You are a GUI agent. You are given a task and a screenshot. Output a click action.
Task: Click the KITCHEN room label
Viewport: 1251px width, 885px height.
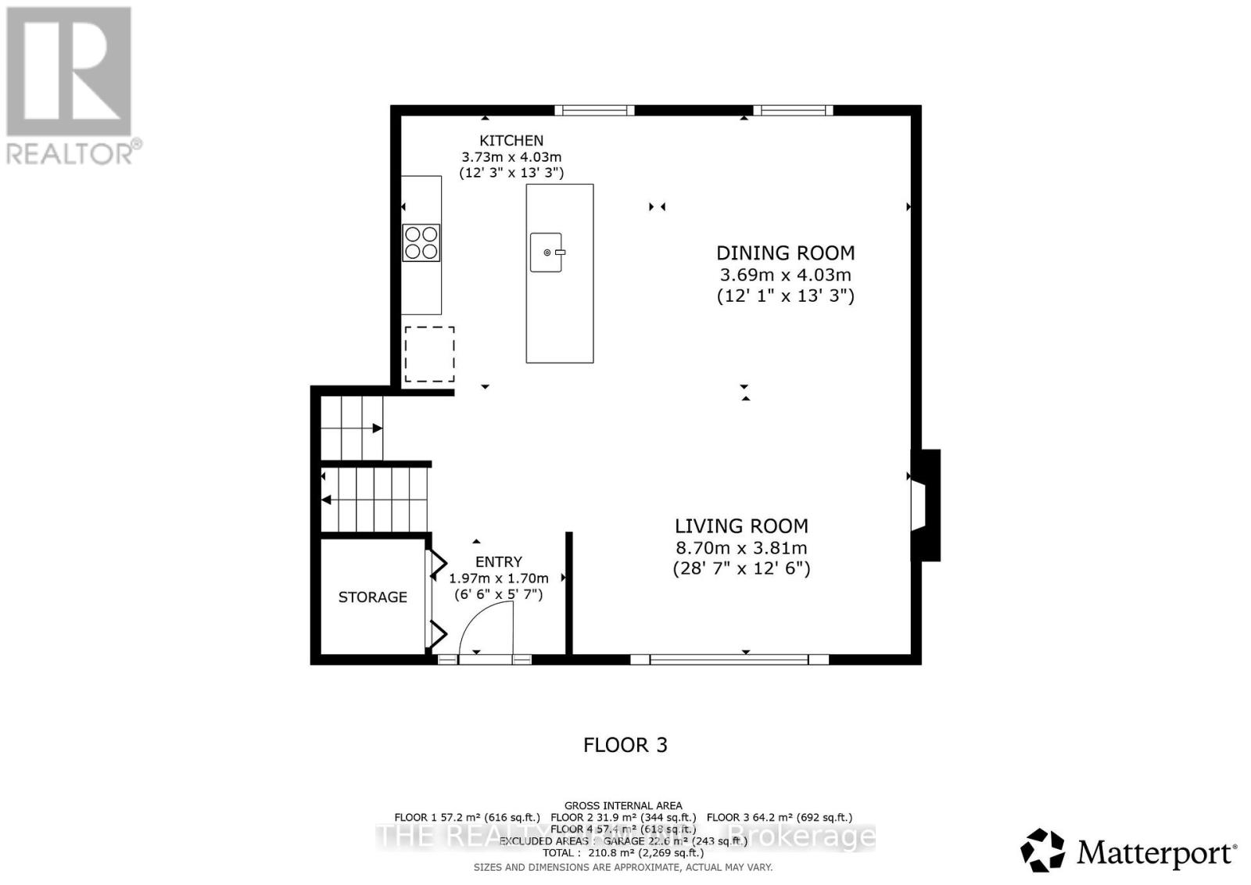tap(511, 141)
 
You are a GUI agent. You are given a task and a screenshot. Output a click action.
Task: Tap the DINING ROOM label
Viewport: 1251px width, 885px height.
tap(785, 253)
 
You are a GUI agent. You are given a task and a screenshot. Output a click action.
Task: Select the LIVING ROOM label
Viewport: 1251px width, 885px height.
tap(741, 526)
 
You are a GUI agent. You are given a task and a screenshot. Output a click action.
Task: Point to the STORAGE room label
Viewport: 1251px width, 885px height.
tap(372, 597)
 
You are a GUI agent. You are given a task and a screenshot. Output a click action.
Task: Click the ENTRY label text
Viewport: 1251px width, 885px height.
tap(499, 562)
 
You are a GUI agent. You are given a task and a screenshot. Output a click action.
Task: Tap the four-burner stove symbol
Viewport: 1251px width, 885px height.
tap(421, 242)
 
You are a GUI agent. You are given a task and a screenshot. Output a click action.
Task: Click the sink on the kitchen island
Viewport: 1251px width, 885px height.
tap(547, 253)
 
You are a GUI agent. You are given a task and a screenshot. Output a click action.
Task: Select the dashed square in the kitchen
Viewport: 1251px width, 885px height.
tap(429, 354)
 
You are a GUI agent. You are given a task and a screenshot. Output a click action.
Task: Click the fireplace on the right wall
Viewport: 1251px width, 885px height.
tap(925, 505)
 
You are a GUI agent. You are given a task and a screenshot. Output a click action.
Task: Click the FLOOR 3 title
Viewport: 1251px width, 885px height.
tap(625, 745)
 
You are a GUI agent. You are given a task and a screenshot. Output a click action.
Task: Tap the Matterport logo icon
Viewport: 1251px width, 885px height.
tap(1042, 851)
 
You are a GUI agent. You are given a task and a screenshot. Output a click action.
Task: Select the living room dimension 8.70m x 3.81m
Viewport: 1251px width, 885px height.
tap(741, 548)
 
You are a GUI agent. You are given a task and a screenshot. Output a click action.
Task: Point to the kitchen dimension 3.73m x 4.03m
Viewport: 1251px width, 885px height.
tap(511, 157)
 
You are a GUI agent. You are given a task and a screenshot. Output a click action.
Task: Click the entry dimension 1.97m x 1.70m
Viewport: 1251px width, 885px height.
tap(499, 579)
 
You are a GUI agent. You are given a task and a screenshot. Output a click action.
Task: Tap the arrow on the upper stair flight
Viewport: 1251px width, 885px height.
tap(377, 428)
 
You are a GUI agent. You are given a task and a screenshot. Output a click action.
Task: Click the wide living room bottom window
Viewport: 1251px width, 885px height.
tap(729, 659)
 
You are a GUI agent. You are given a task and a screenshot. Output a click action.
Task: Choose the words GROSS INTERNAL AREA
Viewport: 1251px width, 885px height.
tap(623, 805)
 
